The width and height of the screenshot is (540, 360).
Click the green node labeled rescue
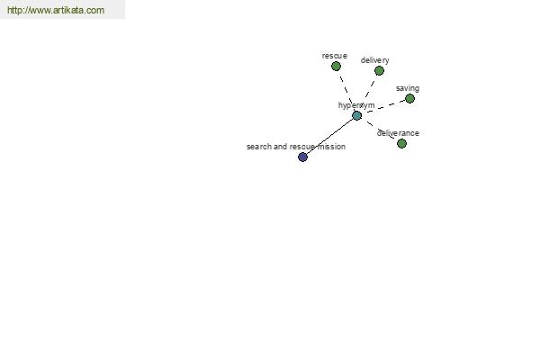pos(336,66)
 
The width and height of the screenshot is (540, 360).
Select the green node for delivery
pos(379,70)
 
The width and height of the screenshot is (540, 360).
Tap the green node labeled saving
pos(409,98)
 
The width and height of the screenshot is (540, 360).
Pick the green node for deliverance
pos(401,143)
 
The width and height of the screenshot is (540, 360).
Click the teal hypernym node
pos(357,115)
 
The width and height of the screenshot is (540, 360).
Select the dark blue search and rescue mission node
pos(302,157)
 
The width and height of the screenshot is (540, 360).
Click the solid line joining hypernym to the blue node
pos(330,137)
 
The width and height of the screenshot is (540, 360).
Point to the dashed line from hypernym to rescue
pos(346,90)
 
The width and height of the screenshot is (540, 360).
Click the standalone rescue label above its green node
pos(335,56)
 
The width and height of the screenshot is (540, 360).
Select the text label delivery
pos(374,60)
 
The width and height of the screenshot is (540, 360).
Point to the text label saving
pos(408,88)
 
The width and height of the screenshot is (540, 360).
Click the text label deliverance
pos(398,133)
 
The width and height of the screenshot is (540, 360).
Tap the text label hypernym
pos(356,105)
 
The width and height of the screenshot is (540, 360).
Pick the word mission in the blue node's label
pos(331,147)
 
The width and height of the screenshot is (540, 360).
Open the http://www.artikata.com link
pos(56,10)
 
